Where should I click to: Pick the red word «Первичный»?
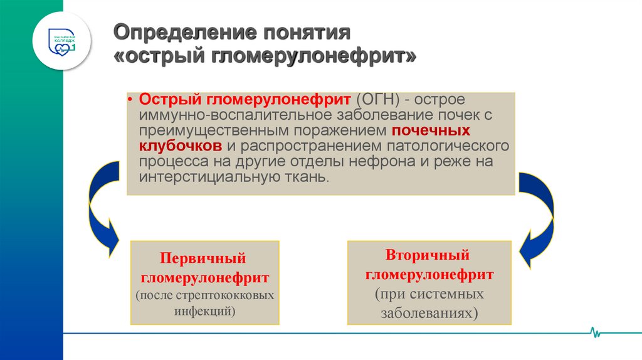click(203, 258)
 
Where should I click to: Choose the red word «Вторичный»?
click(428, 255)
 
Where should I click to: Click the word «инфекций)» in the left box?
click(205, 310)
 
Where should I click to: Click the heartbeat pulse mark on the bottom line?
click(595, 332)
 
